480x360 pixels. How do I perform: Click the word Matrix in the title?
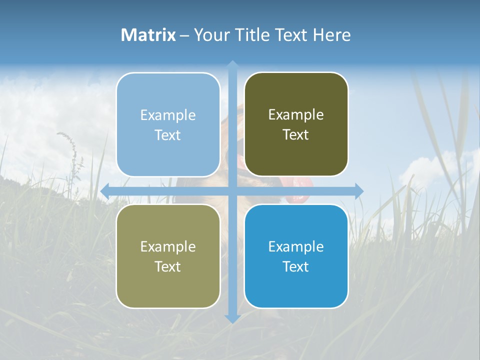(x=148, y=35)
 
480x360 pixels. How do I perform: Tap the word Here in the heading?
(x=332, y=35)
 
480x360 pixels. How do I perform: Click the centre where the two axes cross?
(x=232, y=191)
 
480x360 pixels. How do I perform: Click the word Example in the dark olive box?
(x=296, y=115)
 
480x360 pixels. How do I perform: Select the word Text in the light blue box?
(x=168, y=135)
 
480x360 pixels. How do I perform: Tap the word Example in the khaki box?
(x=168, y=246)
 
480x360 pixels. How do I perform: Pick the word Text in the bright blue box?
(x=296, y=266)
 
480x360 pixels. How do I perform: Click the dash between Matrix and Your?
(x=184, y=35)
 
